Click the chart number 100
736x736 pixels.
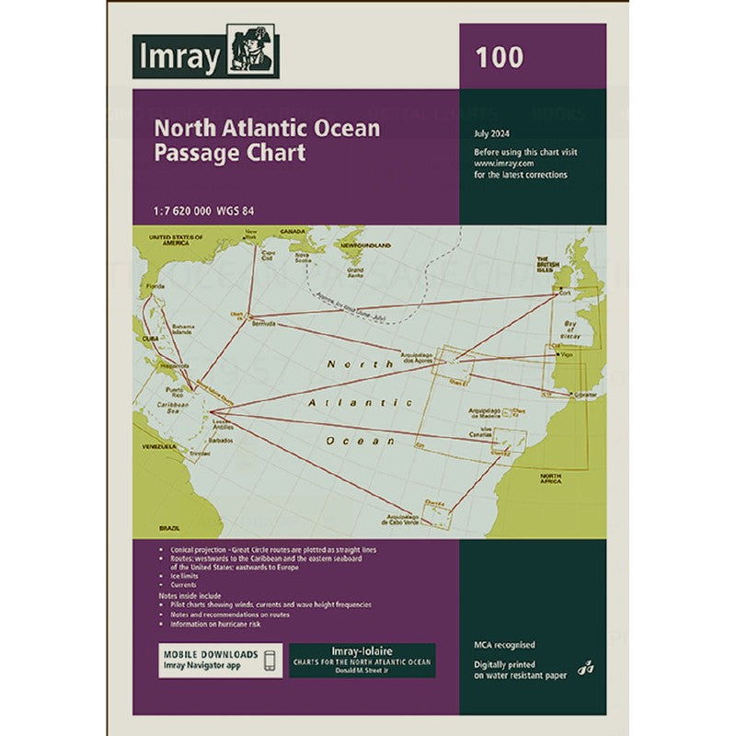pos(500,57)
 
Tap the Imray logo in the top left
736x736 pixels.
pos(204,56)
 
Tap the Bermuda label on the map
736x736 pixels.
pos(263,324)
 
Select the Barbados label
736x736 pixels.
pos(221,441)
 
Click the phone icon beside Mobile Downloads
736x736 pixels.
pos(270,661)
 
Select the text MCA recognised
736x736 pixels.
pos(504,645)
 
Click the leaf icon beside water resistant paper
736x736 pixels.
pos(585,669)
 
